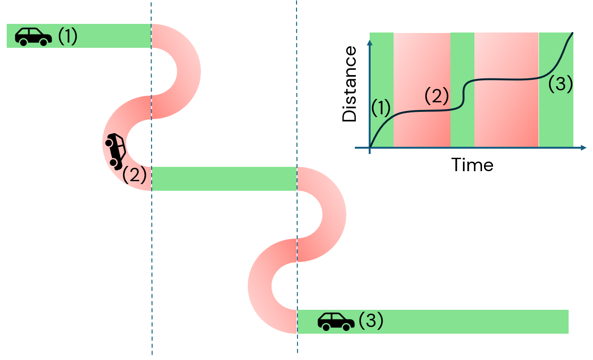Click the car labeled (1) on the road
pyautogui.click(x=33, y=36)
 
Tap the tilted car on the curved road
pyautogui.click(x=115, y=151)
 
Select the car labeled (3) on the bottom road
pyautogui.click(x=336, y=321)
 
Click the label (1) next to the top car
pyautogui.click(x=67, y=36)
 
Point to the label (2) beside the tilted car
pyautogui.click(x=134, y=175)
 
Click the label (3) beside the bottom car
pyautogui.click(x=371, y=320)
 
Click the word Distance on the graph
pyautogui.click(x=350, y=84)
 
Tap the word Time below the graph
pyautogui.click(x=472, y=165)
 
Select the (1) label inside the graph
pyautogui.click(x=381, y=109)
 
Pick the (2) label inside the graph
pyautogui.click(x=437, y=97)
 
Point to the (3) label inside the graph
pyautogui.click(x=560, y=84)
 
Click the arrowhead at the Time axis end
pyautogui.click(x=583, y=148)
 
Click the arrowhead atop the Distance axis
pyautogui.click(x=369, y=43)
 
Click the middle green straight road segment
pyautogui.click(x=224, y=179)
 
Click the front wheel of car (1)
pyautogui.click(x=44, y=42)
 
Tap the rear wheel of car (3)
pyautogui.click(x=326, y=327)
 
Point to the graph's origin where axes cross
pyautogui.click(x=370, y=148)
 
